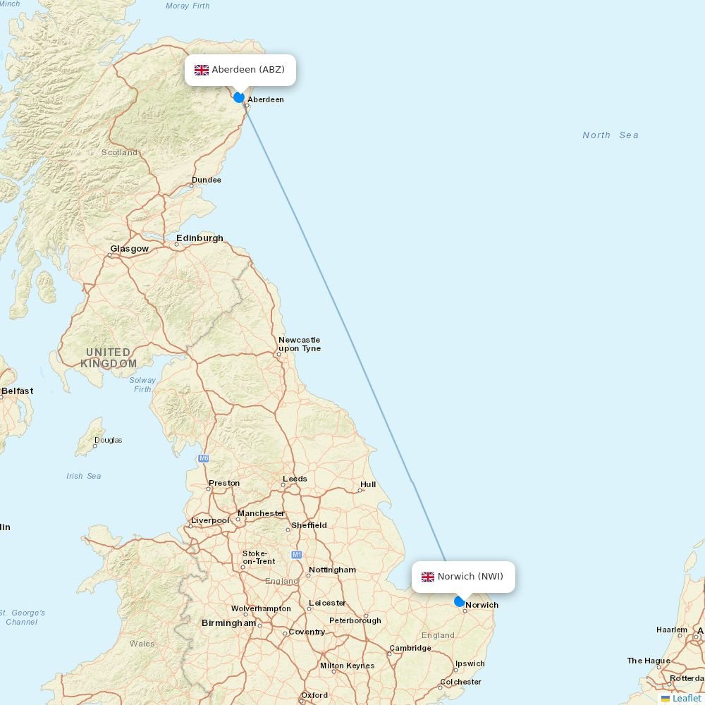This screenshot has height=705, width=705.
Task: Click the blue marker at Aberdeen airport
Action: coord(239,97)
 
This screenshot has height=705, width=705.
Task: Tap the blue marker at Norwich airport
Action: coord(460,601)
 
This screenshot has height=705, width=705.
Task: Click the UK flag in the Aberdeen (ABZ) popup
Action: coord(202,70)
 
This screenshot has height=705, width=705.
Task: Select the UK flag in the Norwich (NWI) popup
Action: coord(428,577)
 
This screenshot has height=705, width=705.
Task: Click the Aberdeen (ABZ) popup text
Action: coord(248,70)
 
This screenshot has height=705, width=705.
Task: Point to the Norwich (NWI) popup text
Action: coord(470,577)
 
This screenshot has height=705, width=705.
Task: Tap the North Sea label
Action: coord(610,135)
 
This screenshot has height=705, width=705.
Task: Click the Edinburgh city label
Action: coord(200,238)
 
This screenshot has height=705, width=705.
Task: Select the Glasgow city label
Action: coord(129,249)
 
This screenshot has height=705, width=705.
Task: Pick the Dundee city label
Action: coord(206,180)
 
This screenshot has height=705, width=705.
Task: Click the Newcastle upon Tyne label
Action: coord(299,344)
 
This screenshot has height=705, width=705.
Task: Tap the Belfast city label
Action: coord(17,391)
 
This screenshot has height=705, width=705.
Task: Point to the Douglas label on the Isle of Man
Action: coord(108,440)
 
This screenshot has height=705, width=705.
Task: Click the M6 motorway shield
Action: coord(204,458)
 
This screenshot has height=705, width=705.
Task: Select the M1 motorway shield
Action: coord(297,555)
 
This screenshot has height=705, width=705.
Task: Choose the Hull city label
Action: coord(368,485)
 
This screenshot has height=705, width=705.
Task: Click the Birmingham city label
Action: coord(228,623)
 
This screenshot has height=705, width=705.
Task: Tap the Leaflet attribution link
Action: coord(686,698)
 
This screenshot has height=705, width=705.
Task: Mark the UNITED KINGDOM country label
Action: coord(109,358)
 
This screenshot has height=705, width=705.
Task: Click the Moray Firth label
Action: coord(188,6)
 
